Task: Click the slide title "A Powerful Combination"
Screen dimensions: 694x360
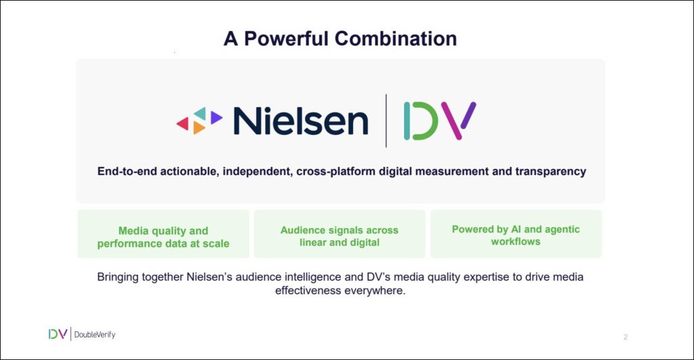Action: [340, 39]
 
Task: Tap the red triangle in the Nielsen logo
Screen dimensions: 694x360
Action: [183, 123]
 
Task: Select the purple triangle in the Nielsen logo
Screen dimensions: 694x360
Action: [216, 117]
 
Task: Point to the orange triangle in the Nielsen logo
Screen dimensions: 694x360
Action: [199, 127]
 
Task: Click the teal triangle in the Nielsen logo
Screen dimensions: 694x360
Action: [201, 113]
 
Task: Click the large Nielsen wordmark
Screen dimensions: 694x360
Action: [300, 121]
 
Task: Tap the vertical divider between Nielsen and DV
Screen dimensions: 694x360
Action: [386, 121]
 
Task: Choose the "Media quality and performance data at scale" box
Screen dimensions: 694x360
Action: [163, 234]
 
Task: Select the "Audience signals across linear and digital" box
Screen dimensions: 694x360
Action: [340, 234]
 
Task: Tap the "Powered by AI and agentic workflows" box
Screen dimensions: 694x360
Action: [516, 234]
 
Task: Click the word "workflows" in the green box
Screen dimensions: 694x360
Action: [516, 242]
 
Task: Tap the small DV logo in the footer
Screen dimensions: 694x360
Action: [58, 334]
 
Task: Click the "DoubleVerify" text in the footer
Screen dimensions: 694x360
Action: [95, 335]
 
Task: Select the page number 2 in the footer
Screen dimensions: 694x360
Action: [626, 337]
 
